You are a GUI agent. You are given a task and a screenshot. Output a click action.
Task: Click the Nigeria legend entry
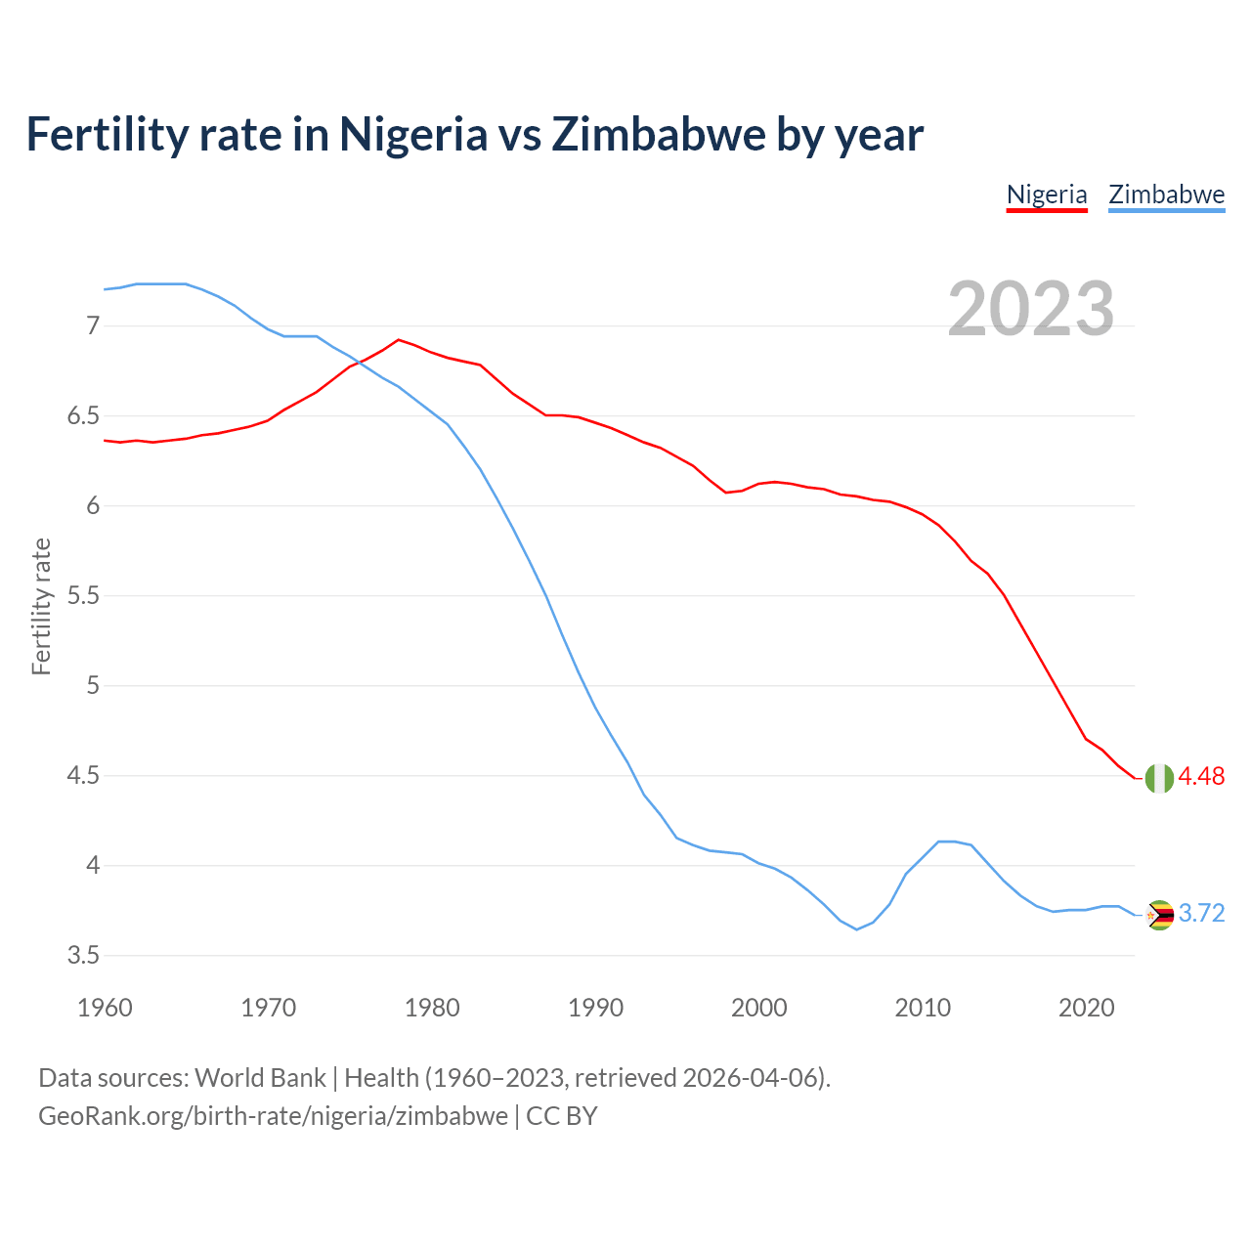pyautogui.click(x=1047, y=194)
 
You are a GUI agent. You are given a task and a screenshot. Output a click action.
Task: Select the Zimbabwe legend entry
pyautogui.click(x=1166, y=194)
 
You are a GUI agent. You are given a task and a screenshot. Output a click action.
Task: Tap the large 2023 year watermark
pyautogui.click(x=1031, y=309)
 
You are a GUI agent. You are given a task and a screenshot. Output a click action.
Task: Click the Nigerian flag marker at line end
pyautogui.click(x=1159, y=778)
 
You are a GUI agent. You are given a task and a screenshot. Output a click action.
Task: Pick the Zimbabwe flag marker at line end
pyautogui.click(x=1159, y=915)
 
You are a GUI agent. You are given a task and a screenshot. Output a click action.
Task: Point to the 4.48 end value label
pyautogui.click(x=1201, y=777)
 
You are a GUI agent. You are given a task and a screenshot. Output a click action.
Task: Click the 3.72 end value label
pyautogui.click(x=1201, y=914)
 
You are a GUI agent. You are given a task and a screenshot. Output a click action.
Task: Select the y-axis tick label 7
pyautogui.click(x=93, y=325)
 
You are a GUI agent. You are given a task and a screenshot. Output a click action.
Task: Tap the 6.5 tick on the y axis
pyautogui.click(x=83, y=416)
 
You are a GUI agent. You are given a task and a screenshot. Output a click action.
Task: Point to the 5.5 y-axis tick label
pyautogui.click(x=83, y=596)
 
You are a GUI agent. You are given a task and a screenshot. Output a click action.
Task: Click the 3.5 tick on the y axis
pyautogui.click(x=83, y=956)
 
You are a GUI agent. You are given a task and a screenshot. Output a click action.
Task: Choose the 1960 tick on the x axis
pyautogui.click(x=105, y=1008)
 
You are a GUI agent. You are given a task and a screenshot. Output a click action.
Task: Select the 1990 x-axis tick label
pyautogui.click(x=595, y=1008)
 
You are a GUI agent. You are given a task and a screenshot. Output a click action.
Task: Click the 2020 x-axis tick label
pyautogui.click(x=1086, y=1008)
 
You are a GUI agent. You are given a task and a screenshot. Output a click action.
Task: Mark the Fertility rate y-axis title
pyautogui.click(x=41, y=606)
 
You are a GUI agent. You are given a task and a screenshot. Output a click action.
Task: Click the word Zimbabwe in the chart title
pyautogui.click(x=659, y=135)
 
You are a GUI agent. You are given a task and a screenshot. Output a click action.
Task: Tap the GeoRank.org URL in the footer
pyautogui.click(x=273, y=1116)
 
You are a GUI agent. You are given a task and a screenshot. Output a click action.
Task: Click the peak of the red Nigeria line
pyautogui.click(x=398, y=340)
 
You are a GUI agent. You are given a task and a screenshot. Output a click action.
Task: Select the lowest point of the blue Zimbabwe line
pyautogui.click(x=856, y=929)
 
